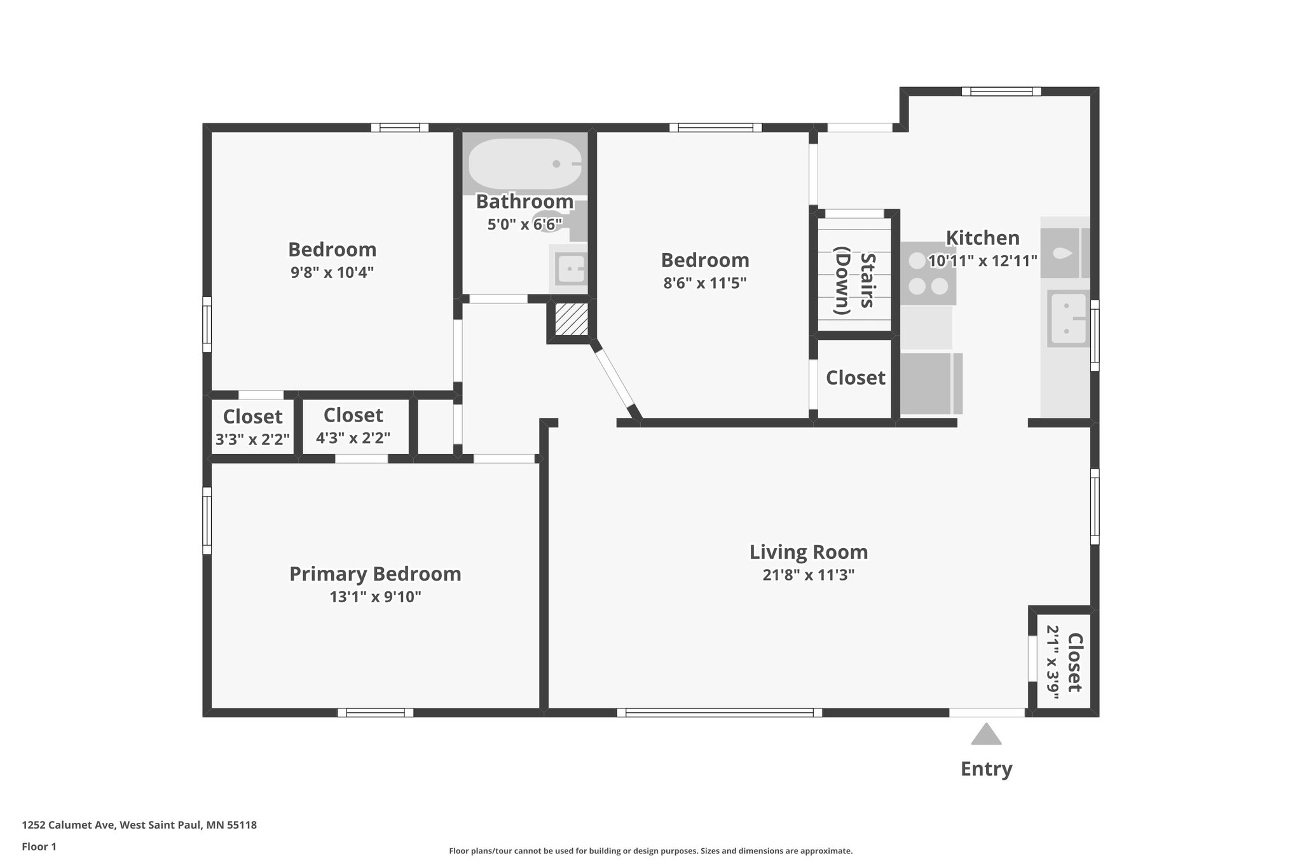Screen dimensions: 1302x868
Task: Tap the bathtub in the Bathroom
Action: [525, 164]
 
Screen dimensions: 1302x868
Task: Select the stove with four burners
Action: [928, 273]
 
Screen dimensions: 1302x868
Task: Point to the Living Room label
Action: [809, 552]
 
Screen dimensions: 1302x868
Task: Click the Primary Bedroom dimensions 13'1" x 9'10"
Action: [375, 597]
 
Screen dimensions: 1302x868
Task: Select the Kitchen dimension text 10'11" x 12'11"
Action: [983, 261]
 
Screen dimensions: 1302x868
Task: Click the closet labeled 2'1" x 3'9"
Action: [1063, 661]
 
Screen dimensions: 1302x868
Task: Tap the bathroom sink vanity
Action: [569, 268]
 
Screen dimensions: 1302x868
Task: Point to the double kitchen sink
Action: [1068, 319]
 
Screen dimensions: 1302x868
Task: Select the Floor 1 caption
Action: [39, 846]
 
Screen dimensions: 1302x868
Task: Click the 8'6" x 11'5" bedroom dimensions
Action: [704, 283]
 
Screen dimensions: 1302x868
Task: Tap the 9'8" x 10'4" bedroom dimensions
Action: [332, 272]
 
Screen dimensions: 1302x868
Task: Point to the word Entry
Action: [986, 769]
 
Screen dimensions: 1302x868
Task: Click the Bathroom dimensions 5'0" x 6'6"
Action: [524, 224]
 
